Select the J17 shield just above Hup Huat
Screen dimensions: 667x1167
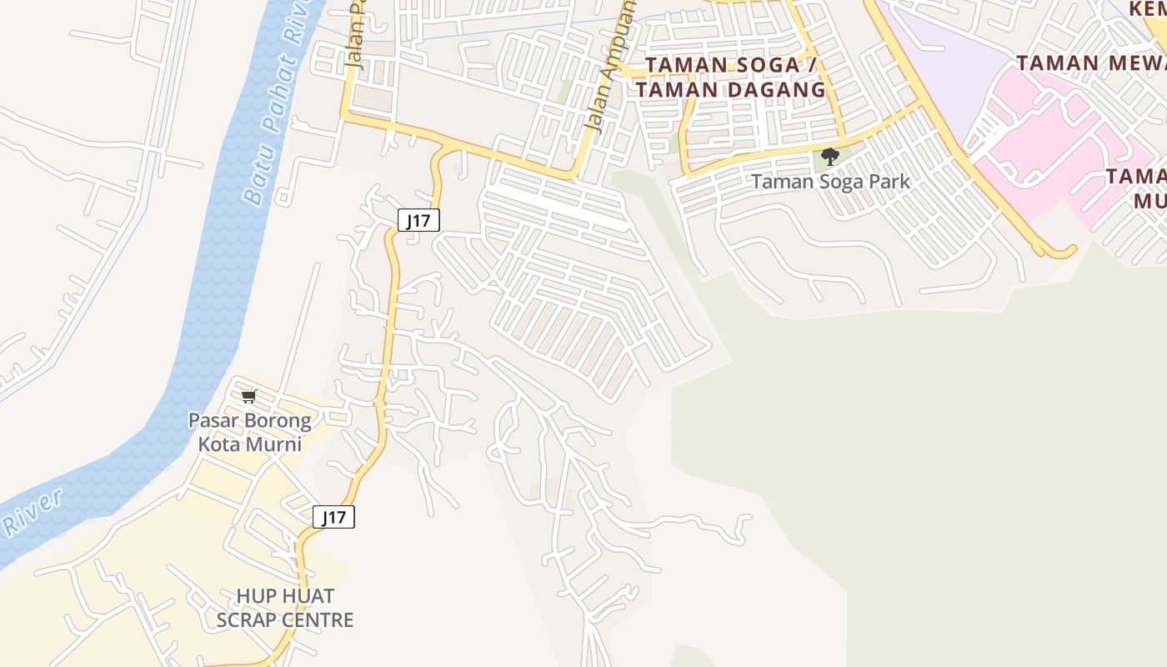tap(333, 517)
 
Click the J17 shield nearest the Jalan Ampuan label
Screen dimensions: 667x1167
tap(418, 220)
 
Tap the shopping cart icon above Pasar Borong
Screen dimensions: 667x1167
tap(248, 396)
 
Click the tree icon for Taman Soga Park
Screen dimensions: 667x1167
tap(829, 156)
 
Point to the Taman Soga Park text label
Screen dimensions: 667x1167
tap(830, 181)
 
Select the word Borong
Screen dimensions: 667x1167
tap(272, 420)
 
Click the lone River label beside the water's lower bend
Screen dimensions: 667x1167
tap(33, 514)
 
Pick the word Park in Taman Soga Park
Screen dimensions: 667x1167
tap(891, 181)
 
